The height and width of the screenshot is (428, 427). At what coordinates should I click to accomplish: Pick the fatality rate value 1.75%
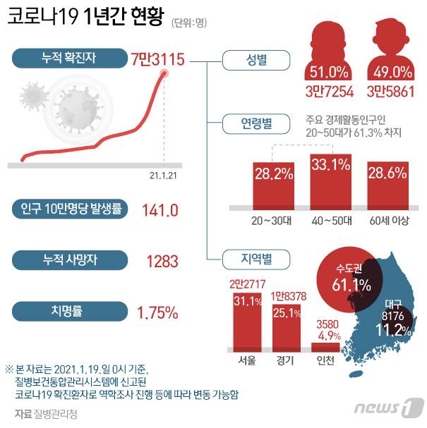tap(157, 311)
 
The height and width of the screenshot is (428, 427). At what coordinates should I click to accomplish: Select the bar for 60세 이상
tap(389, 184)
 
